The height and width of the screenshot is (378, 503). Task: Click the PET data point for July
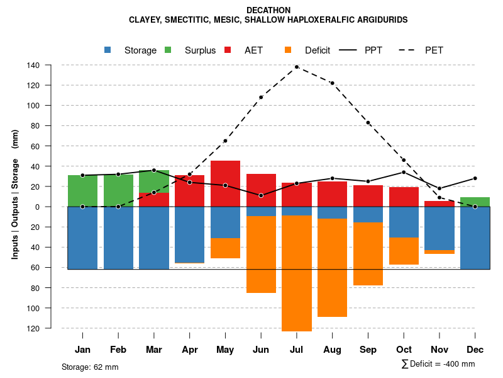[x=297, y=67]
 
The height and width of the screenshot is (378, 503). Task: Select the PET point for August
[x=332, y=83]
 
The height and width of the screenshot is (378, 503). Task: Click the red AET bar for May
[x=225, y=183]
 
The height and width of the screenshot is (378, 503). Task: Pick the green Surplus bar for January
[x=82, y=191]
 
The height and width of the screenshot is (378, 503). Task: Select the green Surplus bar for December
[x=475, y=202]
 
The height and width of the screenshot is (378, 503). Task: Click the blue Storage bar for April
[x=189, y=234]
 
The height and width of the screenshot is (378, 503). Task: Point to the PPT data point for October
[x=404, y=172]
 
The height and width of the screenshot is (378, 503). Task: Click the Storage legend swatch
[x=108, y=50]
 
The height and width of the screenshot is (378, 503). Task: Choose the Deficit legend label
[x=318, y=50]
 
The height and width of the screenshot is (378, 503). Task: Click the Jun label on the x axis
[x=261, y=350]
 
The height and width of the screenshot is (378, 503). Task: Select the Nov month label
[x=439, y=350]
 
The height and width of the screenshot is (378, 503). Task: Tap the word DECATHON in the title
[x=268, y=10]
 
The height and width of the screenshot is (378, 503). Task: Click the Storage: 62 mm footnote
[x=90, y=367]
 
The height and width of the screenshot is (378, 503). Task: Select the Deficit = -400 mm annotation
[x=438, y=364]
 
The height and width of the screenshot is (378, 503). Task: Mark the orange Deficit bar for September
[x=368, y=254]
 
